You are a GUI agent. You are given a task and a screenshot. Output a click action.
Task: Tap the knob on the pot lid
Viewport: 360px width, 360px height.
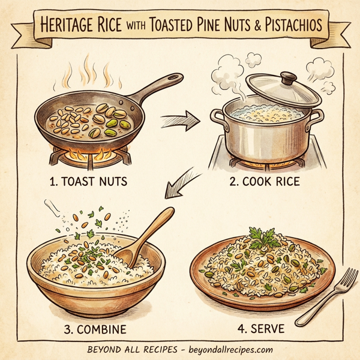[x=289, y=77]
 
